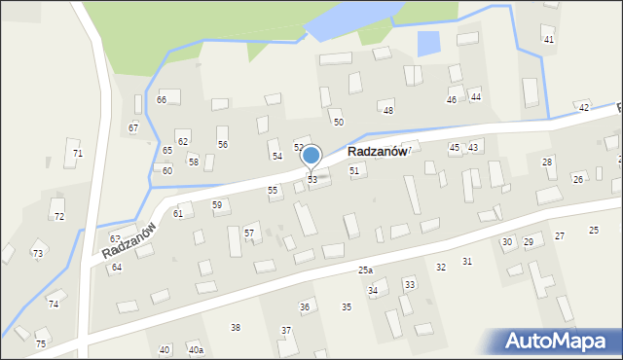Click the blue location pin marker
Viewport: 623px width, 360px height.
[x=311, y=156]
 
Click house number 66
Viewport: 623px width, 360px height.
[x=162, y=100]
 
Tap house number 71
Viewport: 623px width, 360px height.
[x=78, y=154]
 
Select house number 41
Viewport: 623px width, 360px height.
[x=549, y=39]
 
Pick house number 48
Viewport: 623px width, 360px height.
[x=387, y=111]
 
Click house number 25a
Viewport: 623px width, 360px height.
[x=365, y=270]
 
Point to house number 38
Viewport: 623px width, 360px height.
[x=235, y=327]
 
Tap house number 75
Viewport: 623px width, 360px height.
[x=41, y=343]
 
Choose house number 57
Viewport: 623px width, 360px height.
[x=249, y=233]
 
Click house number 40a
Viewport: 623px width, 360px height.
[x=196, y=350]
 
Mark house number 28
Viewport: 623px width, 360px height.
[x=547, y=162]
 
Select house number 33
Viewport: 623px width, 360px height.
[x=409, y=284]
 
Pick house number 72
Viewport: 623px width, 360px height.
[x=58, y=216]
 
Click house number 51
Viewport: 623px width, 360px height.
[x=354, y=170]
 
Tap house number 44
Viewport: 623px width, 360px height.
[x=475, y=96]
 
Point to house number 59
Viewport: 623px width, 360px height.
[x=217, y=204]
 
